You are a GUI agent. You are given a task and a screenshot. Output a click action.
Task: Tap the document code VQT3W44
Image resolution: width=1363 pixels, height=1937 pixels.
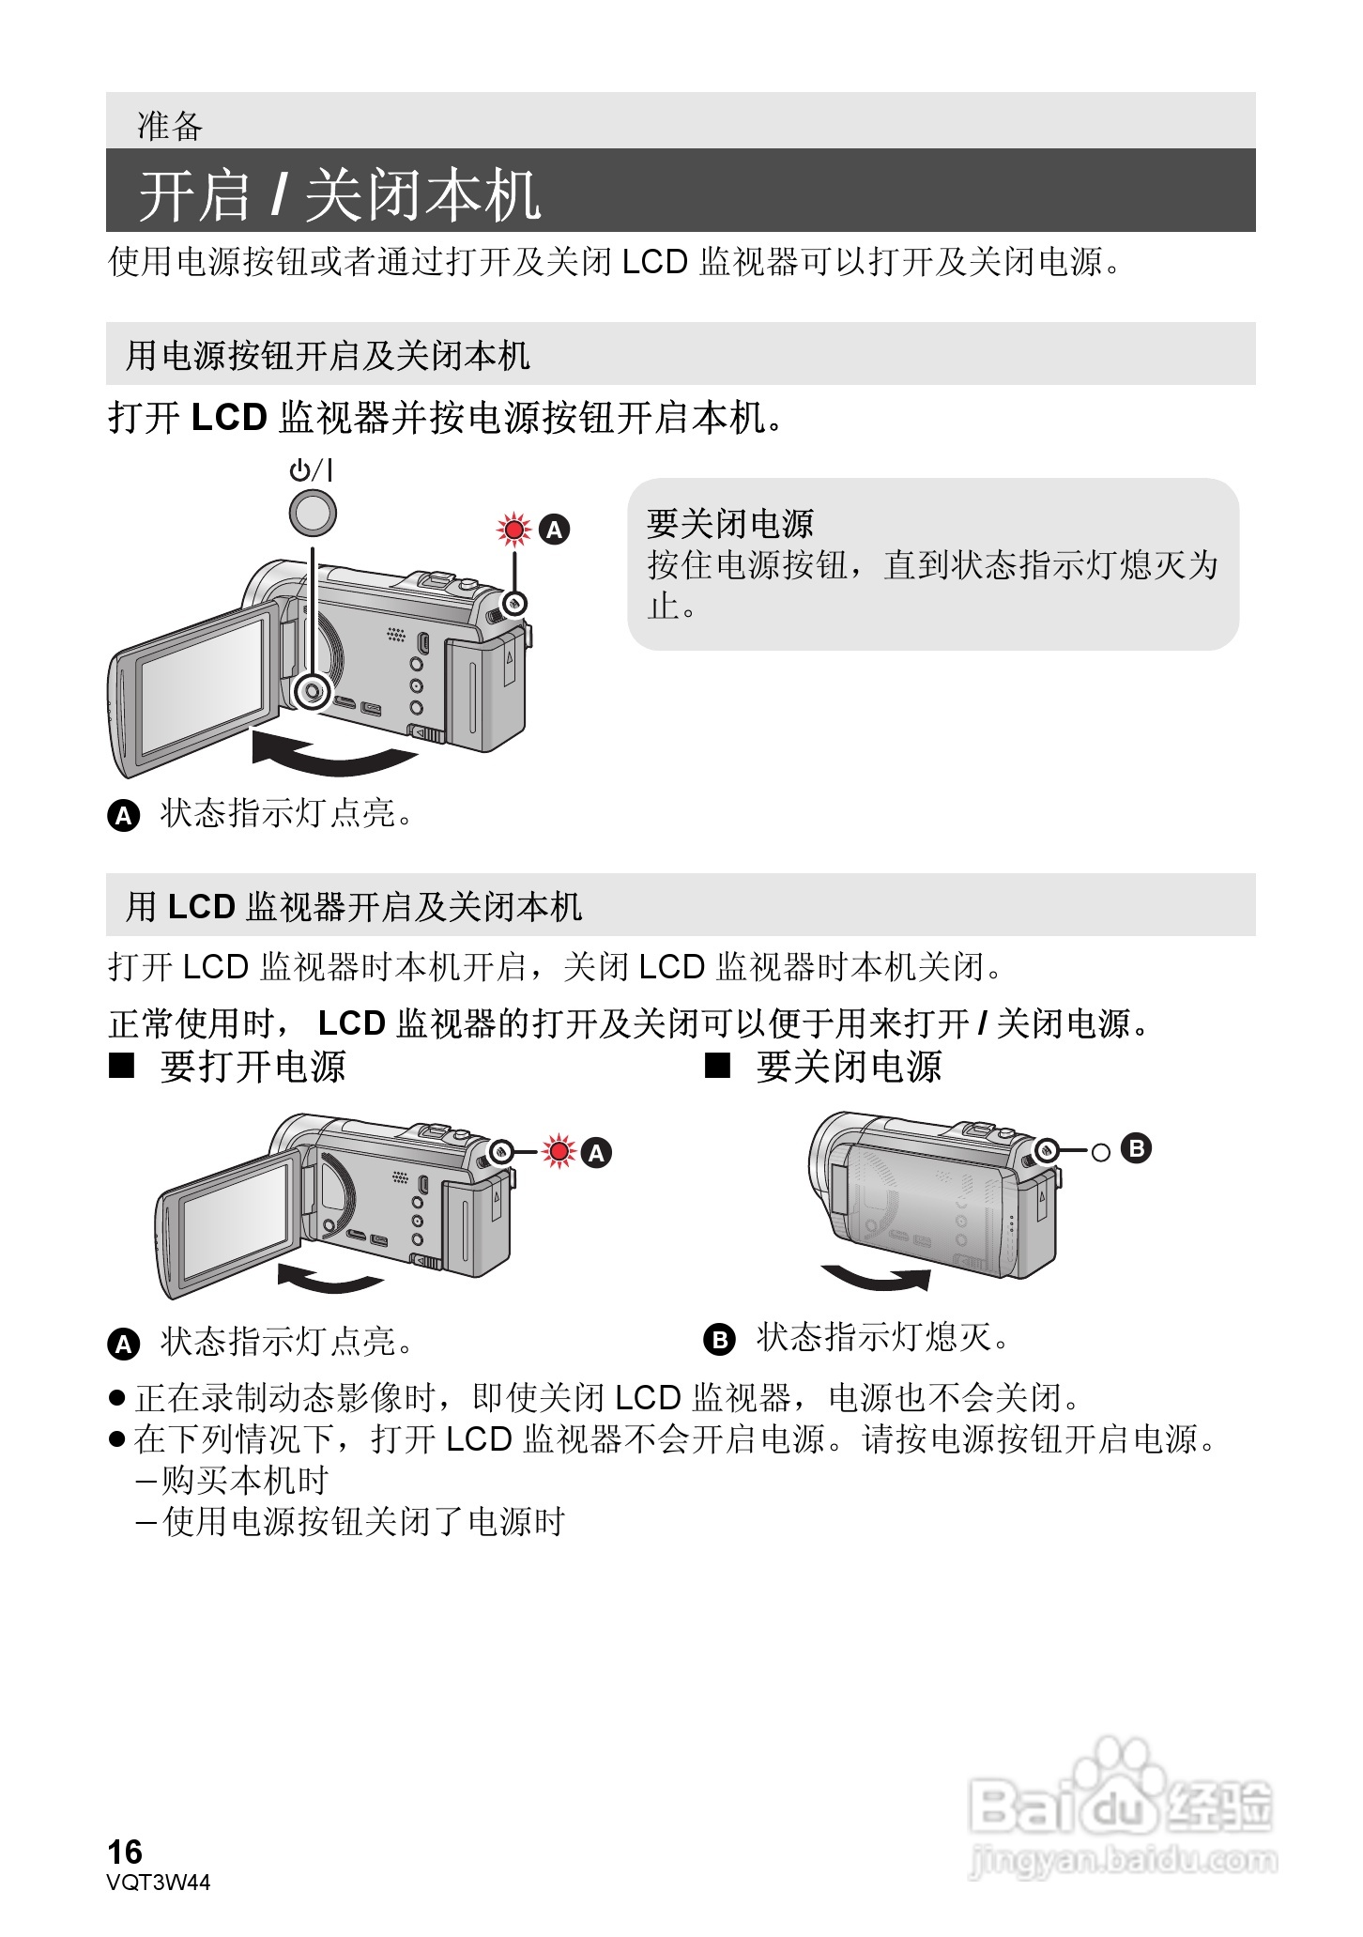(159, 1882)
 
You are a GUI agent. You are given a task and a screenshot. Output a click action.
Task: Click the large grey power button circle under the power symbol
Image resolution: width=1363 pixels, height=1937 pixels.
(312, 513)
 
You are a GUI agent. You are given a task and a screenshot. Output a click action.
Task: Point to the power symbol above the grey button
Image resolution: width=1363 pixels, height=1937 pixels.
(311, 469)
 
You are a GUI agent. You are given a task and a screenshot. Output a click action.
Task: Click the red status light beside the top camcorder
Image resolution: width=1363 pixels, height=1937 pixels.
(513, 530)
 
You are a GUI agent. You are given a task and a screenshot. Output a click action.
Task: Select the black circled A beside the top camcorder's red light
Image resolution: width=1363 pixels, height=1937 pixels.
(555, 530)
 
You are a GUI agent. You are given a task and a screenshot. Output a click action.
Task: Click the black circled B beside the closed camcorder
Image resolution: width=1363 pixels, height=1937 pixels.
(1136, 1148)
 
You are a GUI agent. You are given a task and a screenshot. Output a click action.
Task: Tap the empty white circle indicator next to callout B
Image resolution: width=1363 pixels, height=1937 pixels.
(1101, 1151)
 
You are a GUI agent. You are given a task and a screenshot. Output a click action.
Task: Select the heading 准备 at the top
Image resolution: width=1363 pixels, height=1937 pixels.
(170, 126)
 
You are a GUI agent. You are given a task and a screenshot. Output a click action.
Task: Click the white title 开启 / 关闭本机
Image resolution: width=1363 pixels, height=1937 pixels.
(339, 195)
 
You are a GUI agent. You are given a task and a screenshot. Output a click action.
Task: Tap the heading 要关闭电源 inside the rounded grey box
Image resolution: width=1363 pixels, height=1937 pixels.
(729, 523)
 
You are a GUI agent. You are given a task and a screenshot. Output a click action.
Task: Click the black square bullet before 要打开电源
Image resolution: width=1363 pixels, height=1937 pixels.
(122, 1066)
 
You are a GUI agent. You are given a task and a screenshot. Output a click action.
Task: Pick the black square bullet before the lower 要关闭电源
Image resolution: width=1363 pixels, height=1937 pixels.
(718, 1066)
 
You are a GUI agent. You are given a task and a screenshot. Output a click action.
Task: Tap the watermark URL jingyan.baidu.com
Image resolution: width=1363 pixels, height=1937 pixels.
(1123, 1859)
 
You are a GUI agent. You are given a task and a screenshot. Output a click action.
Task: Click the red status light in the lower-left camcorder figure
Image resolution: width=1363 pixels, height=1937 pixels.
(559, 1151)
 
